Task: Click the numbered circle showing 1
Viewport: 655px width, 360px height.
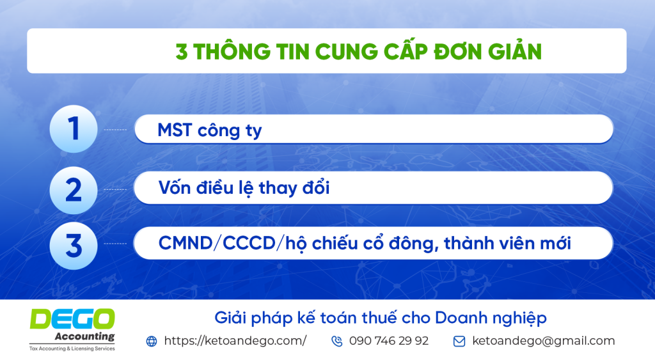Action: click(x=74, y=129)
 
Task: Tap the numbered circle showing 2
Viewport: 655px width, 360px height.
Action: click(x=74, y=190)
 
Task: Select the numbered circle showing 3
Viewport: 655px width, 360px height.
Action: click(x=74, y=246)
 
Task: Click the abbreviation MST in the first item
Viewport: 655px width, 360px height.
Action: click(x=174, y=130)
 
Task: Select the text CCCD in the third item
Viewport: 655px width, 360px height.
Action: click(x=249, y=243)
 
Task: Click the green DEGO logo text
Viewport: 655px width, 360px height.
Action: click(x=72, y=319)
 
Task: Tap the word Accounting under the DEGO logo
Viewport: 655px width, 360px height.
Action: click(x=85, y=336)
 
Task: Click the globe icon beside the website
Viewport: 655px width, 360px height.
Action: click(x=152, y=341)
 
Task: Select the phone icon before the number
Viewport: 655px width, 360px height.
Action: click(x=336, y=341)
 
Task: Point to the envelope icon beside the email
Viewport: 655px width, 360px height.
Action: click(x=459, y=341)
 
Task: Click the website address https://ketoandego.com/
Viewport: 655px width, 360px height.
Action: click(x=235, y=341)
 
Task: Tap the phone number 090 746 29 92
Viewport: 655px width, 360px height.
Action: click(x=389, y=341)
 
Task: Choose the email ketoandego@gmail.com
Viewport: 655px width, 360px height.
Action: click(x=544, y=341)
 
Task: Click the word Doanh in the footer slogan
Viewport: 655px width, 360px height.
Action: click(x=462, y=318)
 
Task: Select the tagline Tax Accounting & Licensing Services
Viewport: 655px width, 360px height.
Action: click(x=72, y=348)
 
